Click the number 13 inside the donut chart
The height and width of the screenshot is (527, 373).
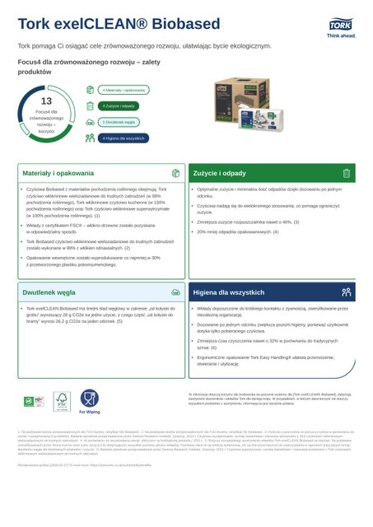[x=46, y=100]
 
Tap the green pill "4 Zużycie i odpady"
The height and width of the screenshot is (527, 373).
[x=119, y=105]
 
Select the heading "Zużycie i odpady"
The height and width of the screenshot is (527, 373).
[x=220, y=174]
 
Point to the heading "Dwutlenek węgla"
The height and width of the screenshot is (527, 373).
[x=49, y=291]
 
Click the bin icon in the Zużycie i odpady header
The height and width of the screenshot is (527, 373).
[x=348, y=174]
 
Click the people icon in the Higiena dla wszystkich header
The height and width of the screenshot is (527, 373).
[x=348, y=291]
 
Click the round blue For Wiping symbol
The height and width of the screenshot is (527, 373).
[x=89, y=397]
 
